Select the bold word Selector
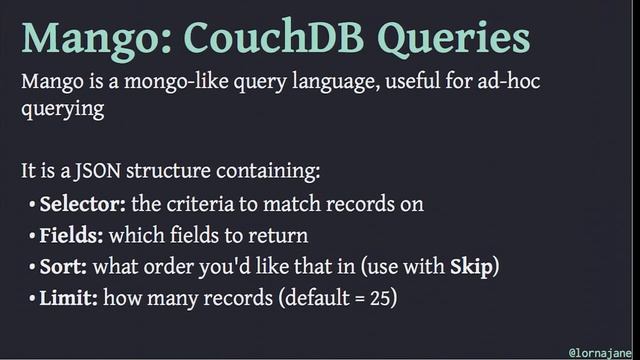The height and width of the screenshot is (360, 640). pyautogui.click(x=82, y=204)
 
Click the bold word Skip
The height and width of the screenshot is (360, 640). pyautogui.click(x=471, y=267)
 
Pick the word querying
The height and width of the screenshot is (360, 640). pyautogui.click(x=62, y=110)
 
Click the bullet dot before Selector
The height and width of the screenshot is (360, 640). pyautogui.click(x=32, y=206)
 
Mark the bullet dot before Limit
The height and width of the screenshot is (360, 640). pyautogui.click(x=32, y=300)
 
